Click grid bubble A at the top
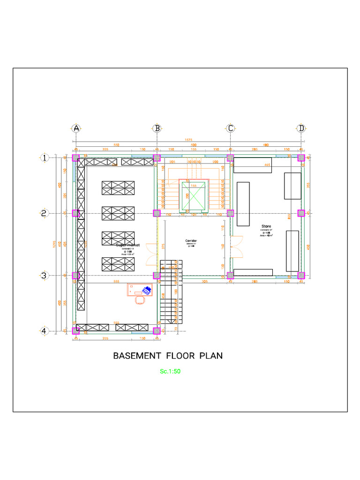point(76,128)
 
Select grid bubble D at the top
point(301,128)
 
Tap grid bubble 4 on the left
point(44,331)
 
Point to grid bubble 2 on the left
point(44,213)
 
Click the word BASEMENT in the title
point(135,356)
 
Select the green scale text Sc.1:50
point(170,371)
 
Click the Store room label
point(266,226)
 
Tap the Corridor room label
point(191,241)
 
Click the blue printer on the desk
point(147,291)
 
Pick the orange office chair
point(139,300)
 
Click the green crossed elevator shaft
point(194,196)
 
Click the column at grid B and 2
point(157,213)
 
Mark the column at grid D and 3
point(301,275)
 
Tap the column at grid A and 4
point(76,330)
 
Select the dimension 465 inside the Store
point(267,165)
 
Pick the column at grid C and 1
point(230,157)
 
